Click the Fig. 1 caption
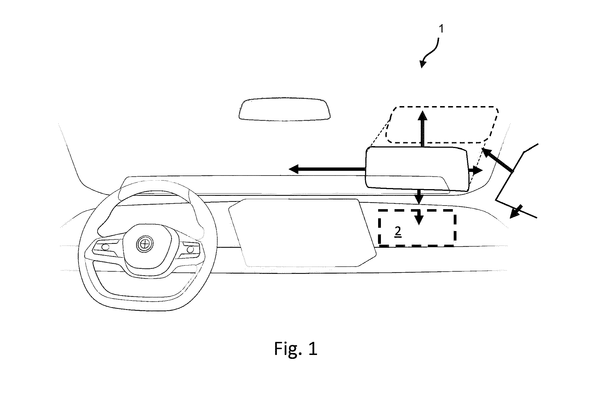(x=296, y=349)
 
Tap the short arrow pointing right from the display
(x=476, y=171)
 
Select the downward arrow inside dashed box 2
(x=419, y=217)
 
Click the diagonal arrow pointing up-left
(x=497, y=161)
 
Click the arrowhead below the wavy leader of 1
(x=423, y=64)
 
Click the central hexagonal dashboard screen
(x=302, y=232)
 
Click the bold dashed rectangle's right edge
(x=455, y=228)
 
